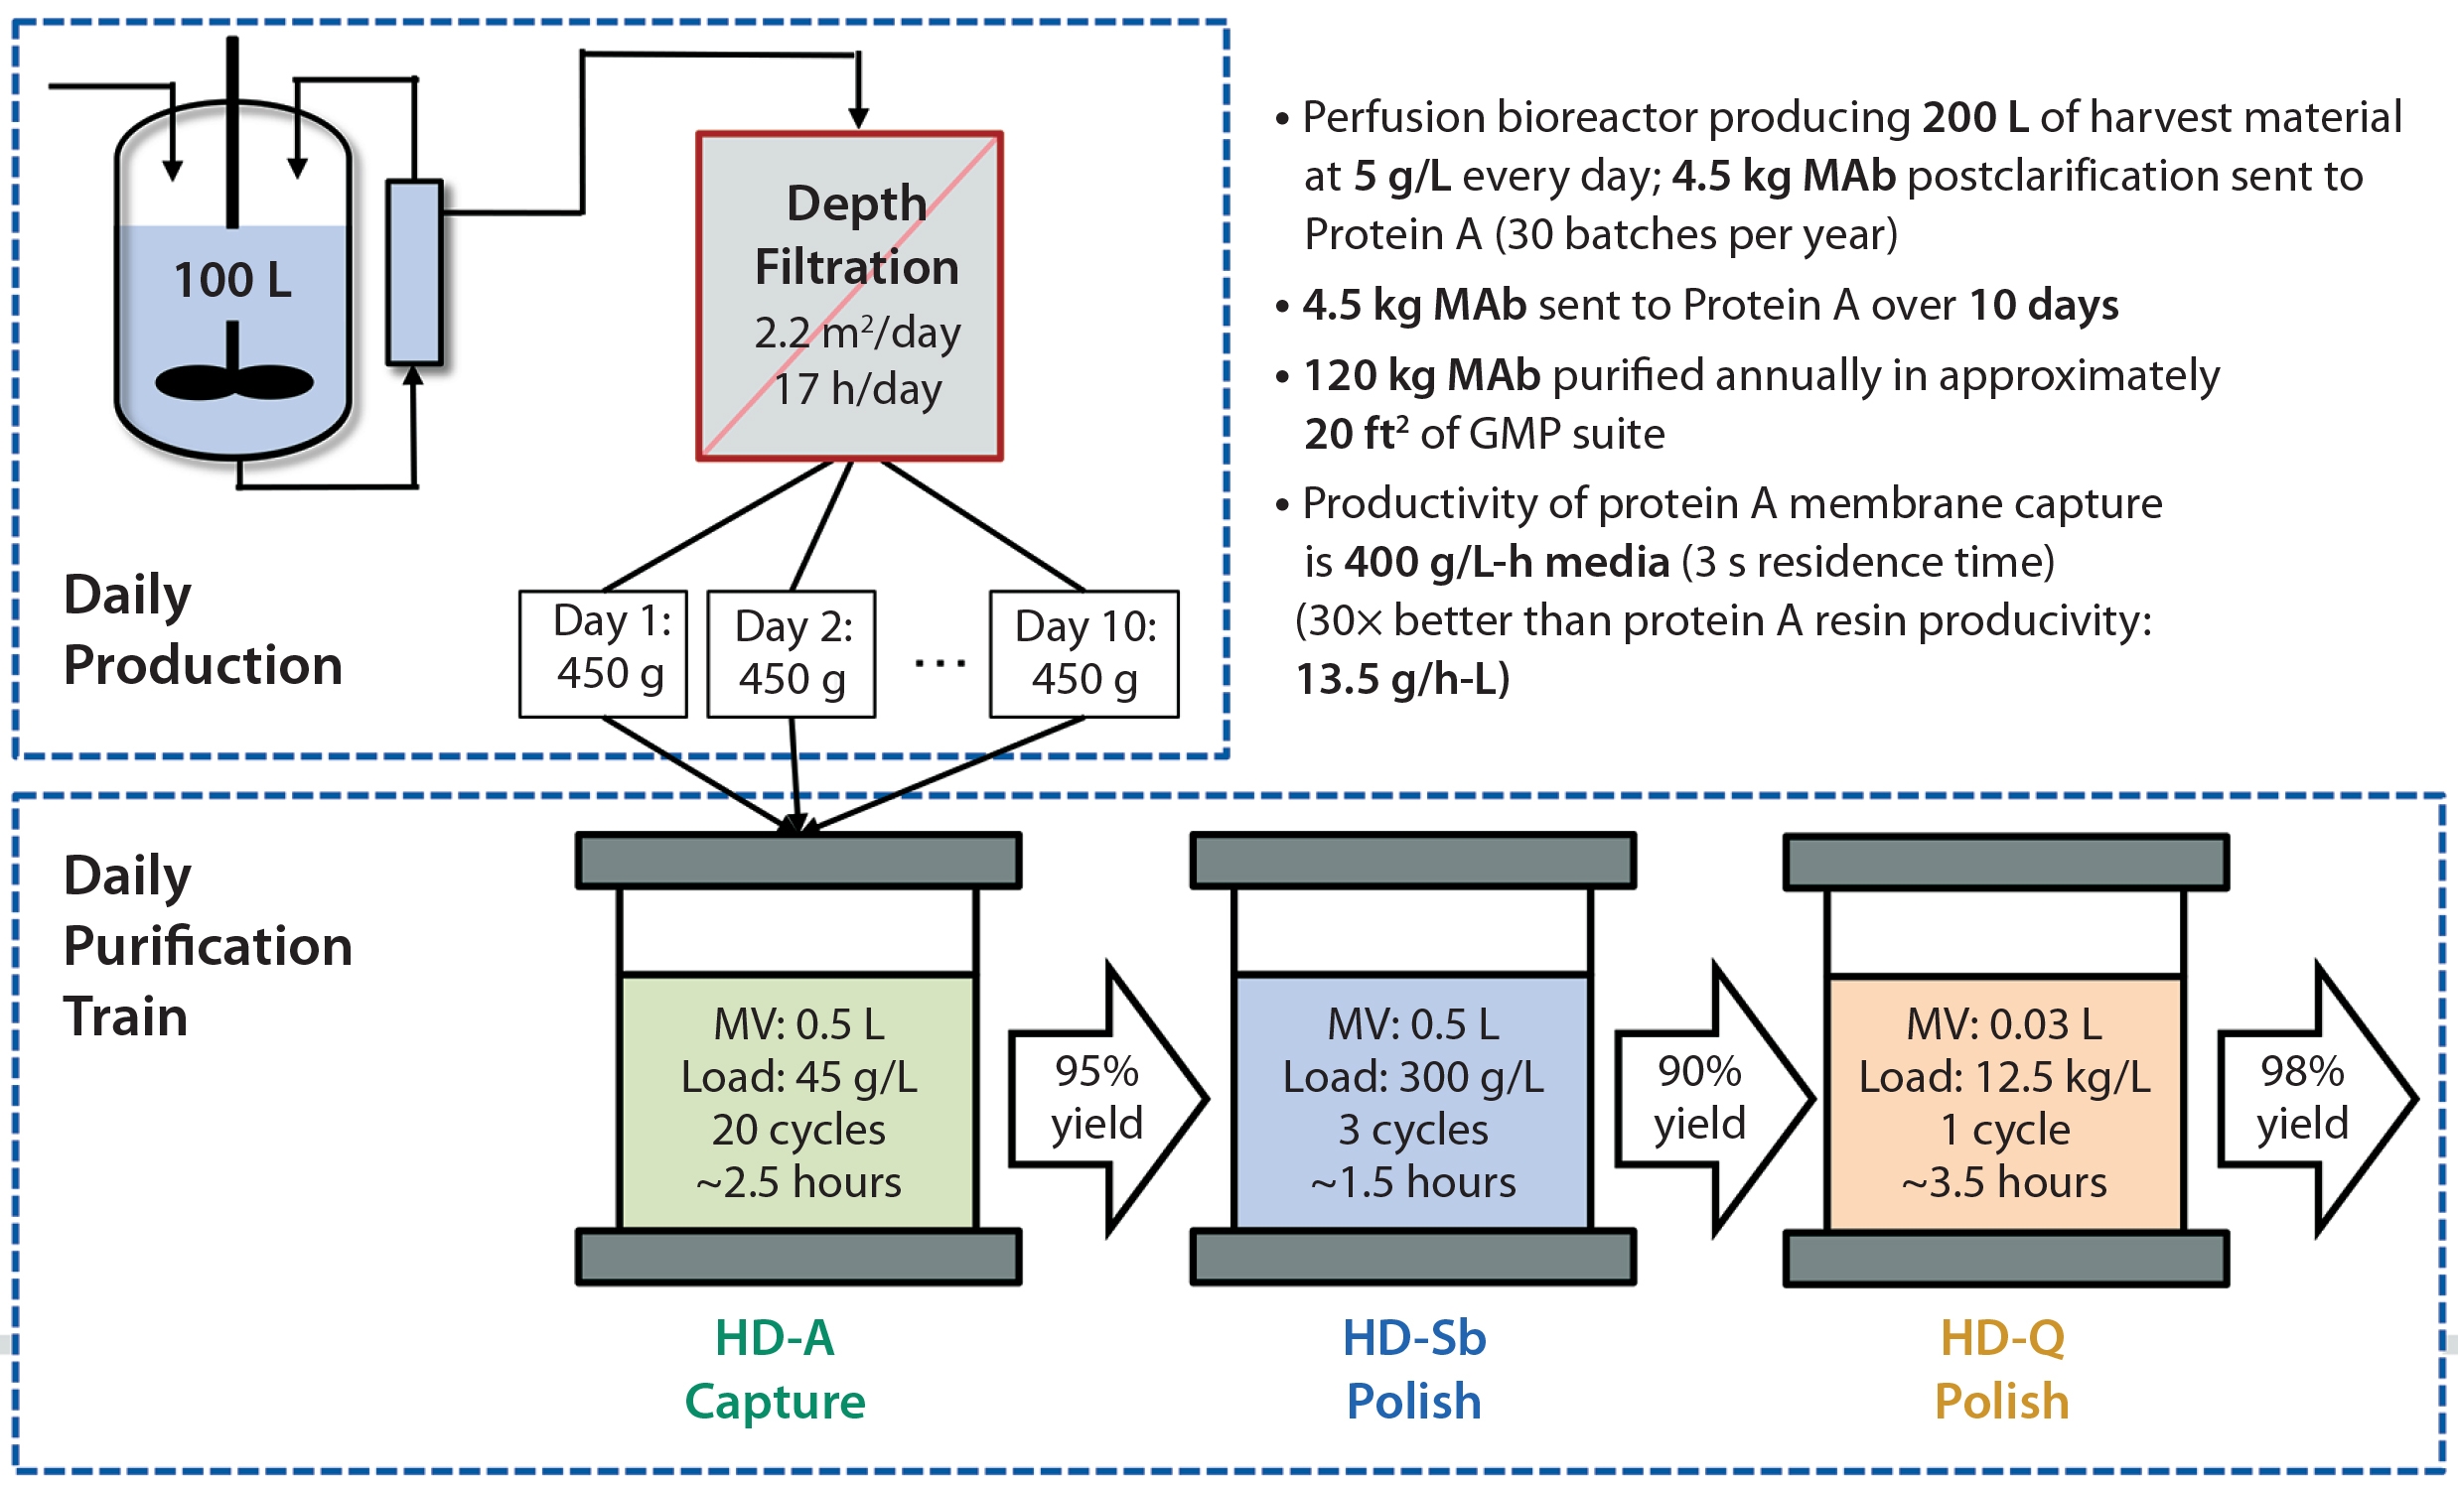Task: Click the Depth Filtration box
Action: click(x=849, y=295)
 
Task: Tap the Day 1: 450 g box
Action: click(x=604, y=653)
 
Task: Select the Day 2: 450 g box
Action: click(x=792, y=654)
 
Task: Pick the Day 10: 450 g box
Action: click(x=1084, y=654)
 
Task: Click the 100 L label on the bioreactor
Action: click(x=232, y=279)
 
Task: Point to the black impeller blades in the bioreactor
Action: click(x=234, y=381)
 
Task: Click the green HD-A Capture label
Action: click(x=775, y=1368)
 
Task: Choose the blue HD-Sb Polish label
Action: click(x=1413, y=1368)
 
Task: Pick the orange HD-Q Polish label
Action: click(x=2002, y=1368)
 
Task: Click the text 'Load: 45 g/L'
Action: click(x=799, y=1077)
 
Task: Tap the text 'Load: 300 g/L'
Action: click(x=1412, y=1077)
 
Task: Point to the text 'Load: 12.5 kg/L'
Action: click(x=2005, y=1077)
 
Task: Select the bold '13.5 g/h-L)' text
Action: click(x=1402, y=679)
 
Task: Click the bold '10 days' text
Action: click(x=2044, y=305)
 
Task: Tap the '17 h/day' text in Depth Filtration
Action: click(x=858, y=389)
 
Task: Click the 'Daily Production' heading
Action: click(x=203, y=629)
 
